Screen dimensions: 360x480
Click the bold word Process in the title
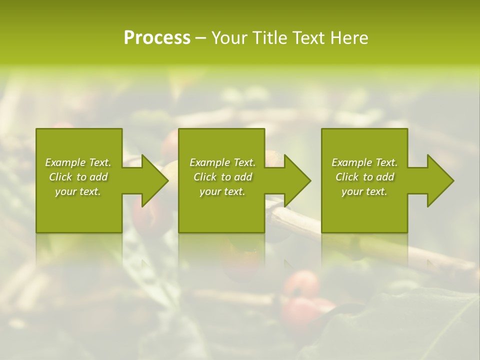[157, 38]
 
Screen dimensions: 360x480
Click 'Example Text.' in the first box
[78, 162]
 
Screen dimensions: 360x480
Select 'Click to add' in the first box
[78, 177]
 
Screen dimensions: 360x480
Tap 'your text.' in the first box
[78, 191]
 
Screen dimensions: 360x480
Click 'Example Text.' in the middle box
[222, 162]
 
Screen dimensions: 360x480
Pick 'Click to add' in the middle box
[222, 177]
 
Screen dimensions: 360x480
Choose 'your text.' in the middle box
[222, 191]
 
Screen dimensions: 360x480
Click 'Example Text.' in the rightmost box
[364, 162]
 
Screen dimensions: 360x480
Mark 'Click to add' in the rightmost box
[364, 177]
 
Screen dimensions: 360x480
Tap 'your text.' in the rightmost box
[364, 191]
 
